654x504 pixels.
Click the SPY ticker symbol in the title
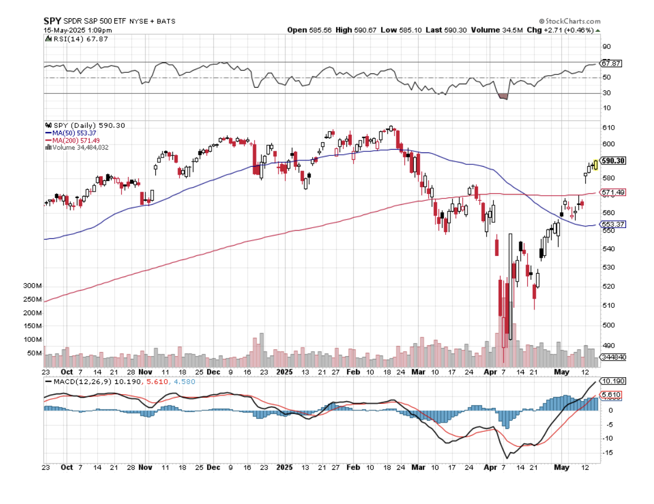52,20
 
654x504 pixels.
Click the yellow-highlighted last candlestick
595,164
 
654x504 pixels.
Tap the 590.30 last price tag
613,161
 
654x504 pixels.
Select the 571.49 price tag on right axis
613,193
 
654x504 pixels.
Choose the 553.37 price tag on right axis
613,225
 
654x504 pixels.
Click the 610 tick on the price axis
607,127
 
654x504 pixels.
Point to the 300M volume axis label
33,286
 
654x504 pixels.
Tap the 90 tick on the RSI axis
606,47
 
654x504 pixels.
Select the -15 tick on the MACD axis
607,453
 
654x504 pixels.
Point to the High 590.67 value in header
352,30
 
